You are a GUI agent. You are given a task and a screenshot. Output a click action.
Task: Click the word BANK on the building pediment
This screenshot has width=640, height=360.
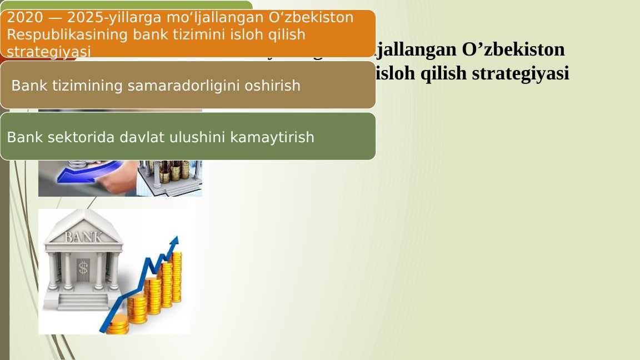tap(83, 237)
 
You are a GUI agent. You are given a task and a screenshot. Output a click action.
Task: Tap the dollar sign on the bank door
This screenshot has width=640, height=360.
tap(83, 268)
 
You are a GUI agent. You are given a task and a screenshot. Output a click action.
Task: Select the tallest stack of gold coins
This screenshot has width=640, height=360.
tap(177, 278)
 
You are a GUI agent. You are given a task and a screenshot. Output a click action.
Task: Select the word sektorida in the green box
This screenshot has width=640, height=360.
tap(83, 137)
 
